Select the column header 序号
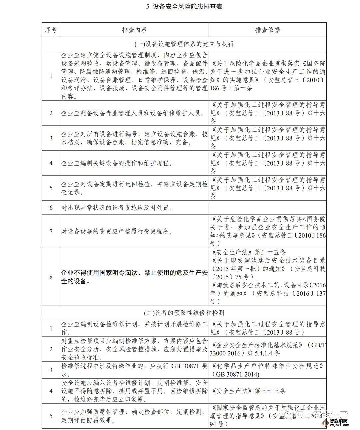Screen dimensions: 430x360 tap(51, 30)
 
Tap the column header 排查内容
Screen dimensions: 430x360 tap(134, 30)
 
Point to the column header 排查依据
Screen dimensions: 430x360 tap(267, 30)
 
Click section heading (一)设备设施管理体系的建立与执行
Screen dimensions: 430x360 tap(184, 44)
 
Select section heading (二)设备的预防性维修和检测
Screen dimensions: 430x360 tap(184, 313)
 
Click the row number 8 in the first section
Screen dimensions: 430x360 tap(51, 277)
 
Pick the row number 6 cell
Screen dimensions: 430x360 tap(51, 208)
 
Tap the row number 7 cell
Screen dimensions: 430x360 tap(51, 231)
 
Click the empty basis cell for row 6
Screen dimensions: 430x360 tap(267, 208)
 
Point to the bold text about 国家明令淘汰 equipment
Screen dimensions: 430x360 tap(134, 277)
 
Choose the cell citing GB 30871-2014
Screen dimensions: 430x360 tap(267, 370)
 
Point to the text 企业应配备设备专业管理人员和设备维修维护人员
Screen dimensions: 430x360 tap(132, 113)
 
